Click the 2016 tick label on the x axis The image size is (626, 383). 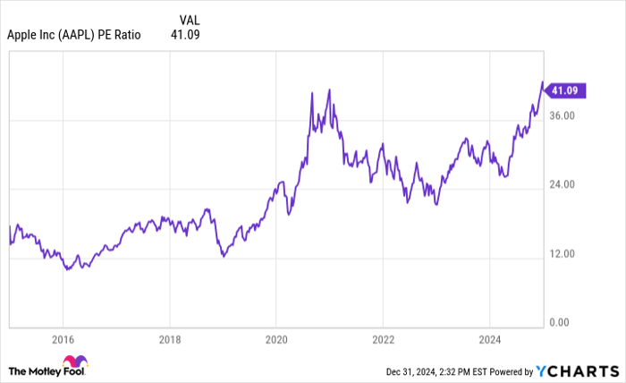tap(63, 341)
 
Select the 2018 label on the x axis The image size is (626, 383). tap(169, 341)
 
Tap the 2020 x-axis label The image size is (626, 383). tap(276, 341)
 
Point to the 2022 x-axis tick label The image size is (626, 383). tap(383, 341)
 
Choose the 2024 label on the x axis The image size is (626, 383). tap(490, 341)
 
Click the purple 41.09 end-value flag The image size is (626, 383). tap(566, 90)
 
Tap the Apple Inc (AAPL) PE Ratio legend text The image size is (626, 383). tap(73, 36)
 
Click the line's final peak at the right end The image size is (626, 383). tap(542, 82)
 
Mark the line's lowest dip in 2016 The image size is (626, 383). tap(66, 268)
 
